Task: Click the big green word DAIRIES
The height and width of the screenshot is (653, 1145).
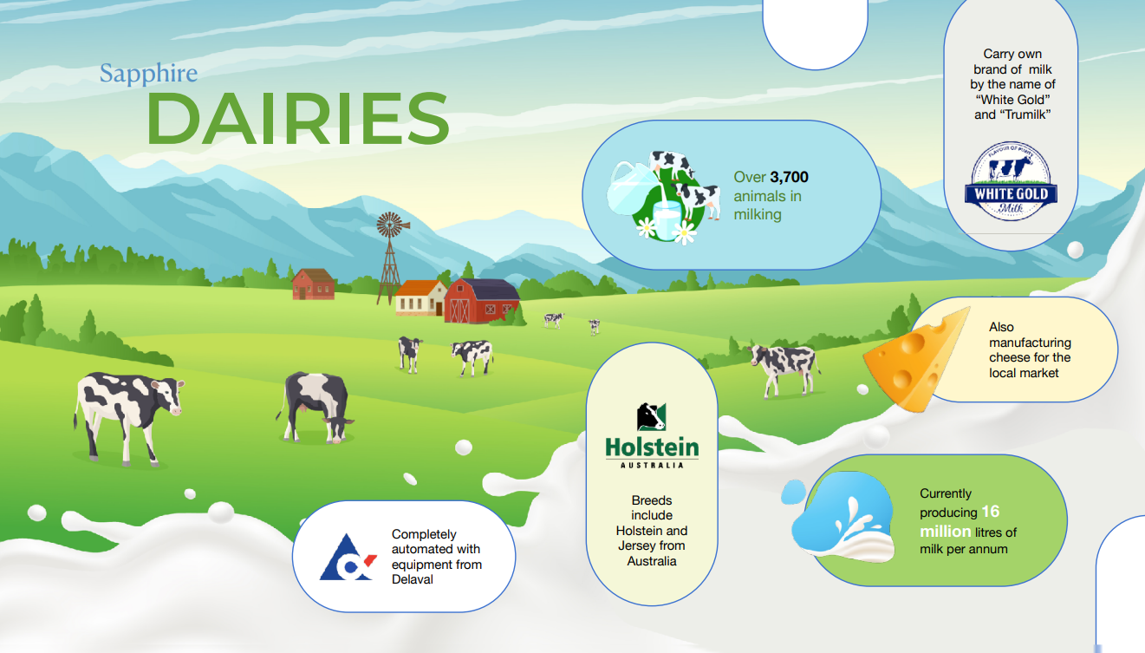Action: [297, 119]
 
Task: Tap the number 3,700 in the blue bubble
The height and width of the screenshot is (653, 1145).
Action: [790, 177]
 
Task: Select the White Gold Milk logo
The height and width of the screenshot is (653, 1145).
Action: [1011, 181]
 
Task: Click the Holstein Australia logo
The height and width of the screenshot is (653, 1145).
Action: [652, 435]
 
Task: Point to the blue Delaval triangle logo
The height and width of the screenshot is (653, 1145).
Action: [348, 558]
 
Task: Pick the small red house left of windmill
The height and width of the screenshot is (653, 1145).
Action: [314, 284]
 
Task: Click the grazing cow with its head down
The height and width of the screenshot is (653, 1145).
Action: [316, 407]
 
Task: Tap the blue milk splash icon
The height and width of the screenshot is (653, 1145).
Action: [842, 518]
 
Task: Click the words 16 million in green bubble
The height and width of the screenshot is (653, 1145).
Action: [960, 521]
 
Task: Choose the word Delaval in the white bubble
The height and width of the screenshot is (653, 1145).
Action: [412, 579]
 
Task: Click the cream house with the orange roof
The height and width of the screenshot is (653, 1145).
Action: [420, 297]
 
